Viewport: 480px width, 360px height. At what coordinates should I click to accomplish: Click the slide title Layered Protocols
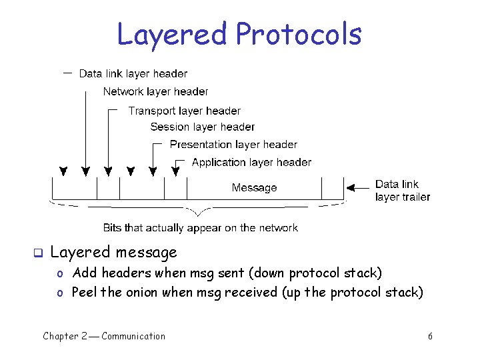239,35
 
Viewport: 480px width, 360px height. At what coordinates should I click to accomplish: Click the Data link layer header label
133,73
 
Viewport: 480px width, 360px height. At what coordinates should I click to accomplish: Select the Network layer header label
155,91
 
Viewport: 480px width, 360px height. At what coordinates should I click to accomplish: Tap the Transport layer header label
184,111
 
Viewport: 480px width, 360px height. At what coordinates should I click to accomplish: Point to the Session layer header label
202,127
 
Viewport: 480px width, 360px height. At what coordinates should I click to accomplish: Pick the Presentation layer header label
233,144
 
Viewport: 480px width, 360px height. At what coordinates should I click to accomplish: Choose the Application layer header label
251,162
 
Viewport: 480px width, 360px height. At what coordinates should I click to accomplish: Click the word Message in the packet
254,188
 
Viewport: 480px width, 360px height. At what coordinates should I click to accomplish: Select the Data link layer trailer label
402,190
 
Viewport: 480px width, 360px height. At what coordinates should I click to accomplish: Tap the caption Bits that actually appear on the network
200,228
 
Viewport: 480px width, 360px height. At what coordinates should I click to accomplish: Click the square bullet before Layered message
38,253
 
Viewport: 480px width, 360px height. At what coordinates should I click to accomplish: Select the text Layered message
114,252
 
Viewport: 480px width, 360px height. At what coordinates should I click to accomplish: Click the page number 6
430,336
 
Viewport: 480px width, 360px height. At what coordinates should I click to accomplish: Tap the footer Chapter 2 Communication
104,336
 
